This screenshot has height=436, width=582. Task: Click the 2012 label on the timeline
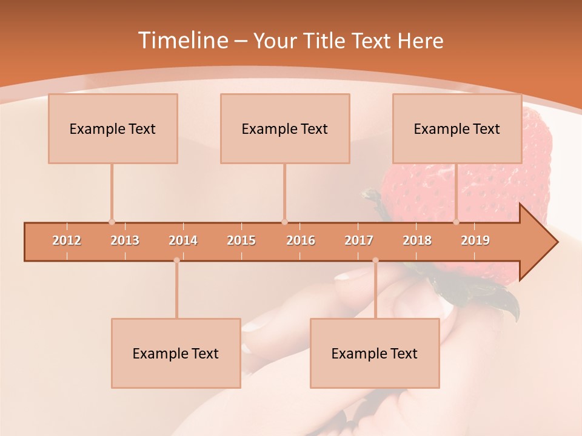click(x=67, y=240)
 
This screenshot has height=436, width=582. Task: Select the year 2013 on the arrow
click(x=125, y=240)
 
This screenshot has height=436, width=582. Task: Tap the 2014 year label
click(x=183, y=240)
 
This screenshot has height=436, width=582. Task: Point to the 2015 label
click(x=241, y=240)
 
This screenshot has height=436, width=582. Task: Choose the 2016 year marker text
click(x=301, y=240)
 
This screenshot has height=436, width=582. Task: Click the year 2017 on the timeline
click(x=359, y=240)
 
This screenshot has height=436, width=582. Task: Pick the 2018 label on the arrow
click(x=417, y=240)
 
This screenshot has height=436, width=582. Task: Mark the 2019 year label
click(x=475, y=240)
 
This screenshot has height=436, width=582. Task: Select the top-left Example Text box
click(x=113, y=128)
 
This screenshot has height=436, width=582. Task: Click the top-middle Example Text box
click(x=285, y=128)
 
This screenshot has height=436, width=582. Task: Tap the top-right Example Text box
click(x=457, y=128)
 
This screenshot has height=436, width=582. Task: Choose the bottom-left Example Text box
click(x=176, y=353)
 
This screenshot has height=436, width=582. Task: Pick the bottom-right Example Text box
click(x=375, y=353)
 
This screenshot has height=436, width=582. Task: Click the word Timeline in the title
click(x=182, y=41)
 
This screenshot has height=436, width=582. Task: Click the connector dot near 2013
click(x=112, y=222)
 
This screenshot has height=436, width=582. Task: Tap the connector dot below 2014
click(x=176, y=260)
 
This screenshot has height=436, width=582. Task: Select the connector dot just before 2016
click(x=284, y=222)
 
